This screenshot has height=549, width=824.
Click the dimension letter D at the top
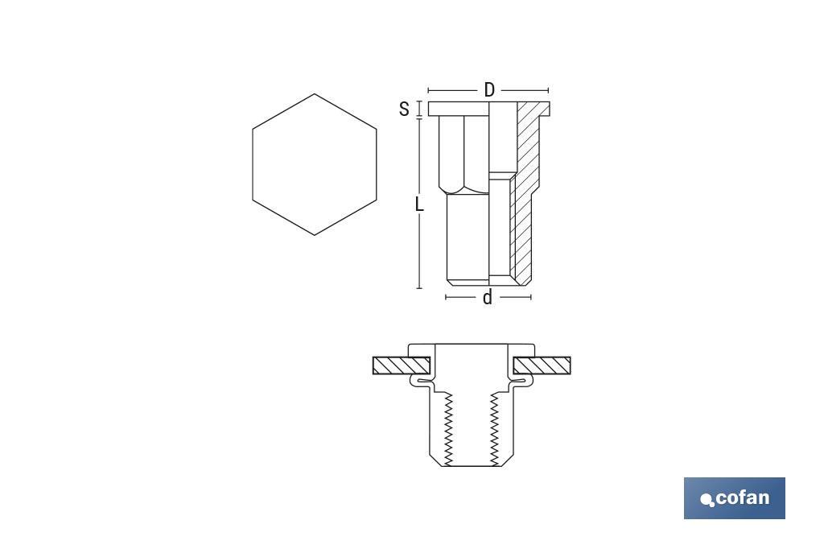click(x=488, y=90)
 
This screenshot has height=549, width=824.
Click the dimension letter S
click(x=404, y=109)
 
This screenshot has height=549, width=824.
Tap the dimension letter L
click(x=419, y=204)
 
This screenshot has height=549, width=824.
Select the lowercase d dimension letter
click(x=487, y=298)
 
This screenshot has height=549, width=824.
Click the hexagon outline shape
click(x=314, y=164)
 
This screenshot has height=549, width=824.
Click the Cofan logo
click(x=734, y=497)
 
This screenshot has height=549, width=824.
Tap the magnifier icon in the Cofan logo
click(x=707, y=501)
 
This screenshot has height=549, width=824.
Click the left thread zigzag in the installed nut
click(x=447, y=427)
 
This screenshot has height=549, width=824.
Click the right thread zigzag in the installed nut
click(x=494, y=427)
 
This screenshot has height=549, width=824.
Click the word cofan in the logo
click(x=742, y=497)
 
